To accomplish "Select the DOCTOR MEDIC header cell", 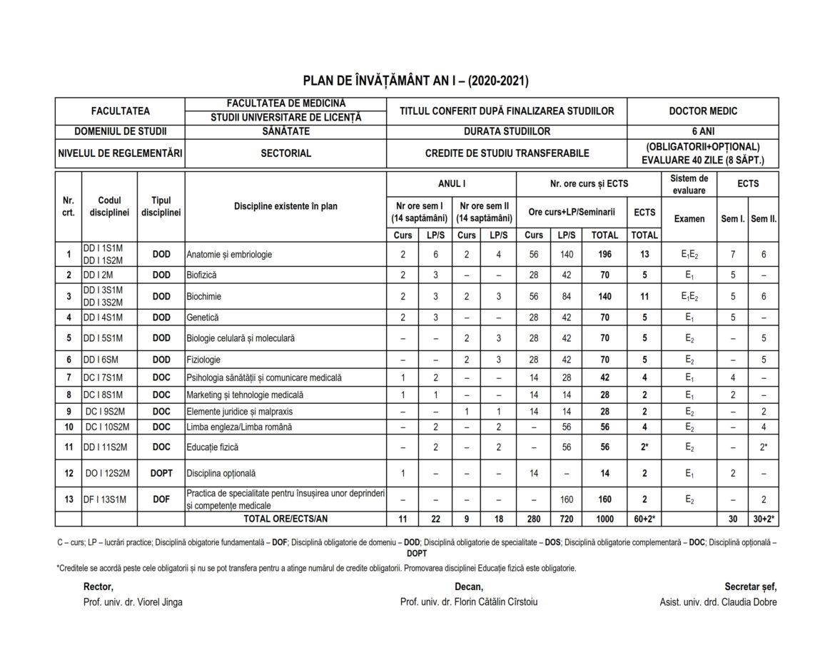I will click(x=703, y=111).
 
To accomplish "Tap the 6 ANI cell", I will click(x=703, y=132).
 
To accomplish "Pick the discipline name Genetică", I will click(x=203, y=318).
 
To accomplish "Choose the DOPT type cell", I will click(x=161, y=472).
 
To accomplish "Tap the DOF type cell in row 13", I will click(x=161, y=500).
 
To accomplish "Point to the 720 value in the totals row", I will click(x=567, y=519).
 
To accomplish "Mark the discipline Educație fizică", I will click(x=212, y=447).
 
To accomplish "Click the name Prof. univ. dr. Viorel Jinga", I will click(x=133, y=602).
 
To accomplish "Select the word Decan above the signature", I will click(x=469, y=586).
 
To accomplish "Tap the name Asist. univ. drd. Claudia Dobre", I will click(x=719, y=602).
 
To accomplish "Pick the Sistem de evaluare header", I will click(x=689, y=184).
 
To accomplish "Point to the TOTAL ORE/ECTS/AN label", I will click(x=285, y=519).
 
